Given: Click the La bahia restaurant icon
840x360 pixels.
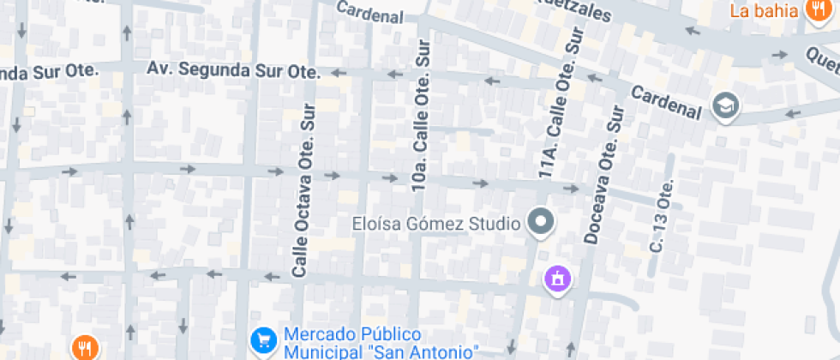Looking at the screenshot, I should click(815, 10).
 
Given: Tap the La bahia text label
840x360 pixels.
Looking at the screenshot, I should click(765, 11).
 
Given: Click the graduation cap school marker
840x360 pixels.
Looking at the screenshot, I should click(727, 106).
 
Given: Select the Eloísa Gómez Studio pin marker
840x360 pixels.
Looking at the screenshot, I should click(541, 224).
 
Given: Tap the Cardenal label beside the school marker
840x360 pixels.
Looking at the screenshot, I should click(666, 101).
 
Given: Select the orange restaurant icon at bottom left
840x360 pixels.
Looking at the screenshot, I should click(85, 348).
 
